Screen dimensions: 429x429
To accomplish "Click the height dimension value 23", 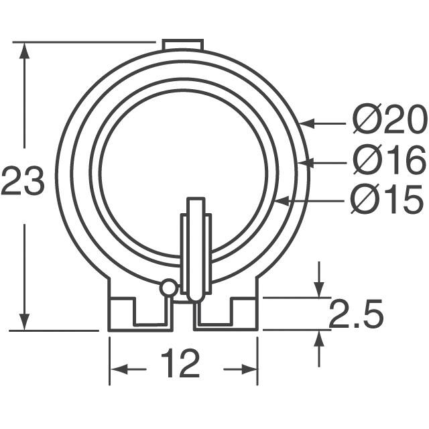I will click(x=22, y=182).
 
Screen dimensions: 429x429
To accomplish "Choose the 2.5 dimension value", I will click(x=355, y=314).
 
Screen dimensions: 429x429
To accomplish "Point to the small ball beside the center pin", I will click(x=168, y=288).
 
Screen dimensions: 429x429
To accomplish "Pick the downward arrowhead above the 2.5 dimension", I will click(x=320, y=289).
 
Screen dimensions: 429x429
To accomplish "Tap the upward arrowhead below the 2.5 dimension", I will click(x=320, y=339).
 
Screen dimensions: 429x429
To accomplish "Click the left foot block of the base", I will click(x=121, y=314).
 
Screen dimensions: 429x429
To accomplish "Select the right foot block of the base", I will click(x=245, y=314).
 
